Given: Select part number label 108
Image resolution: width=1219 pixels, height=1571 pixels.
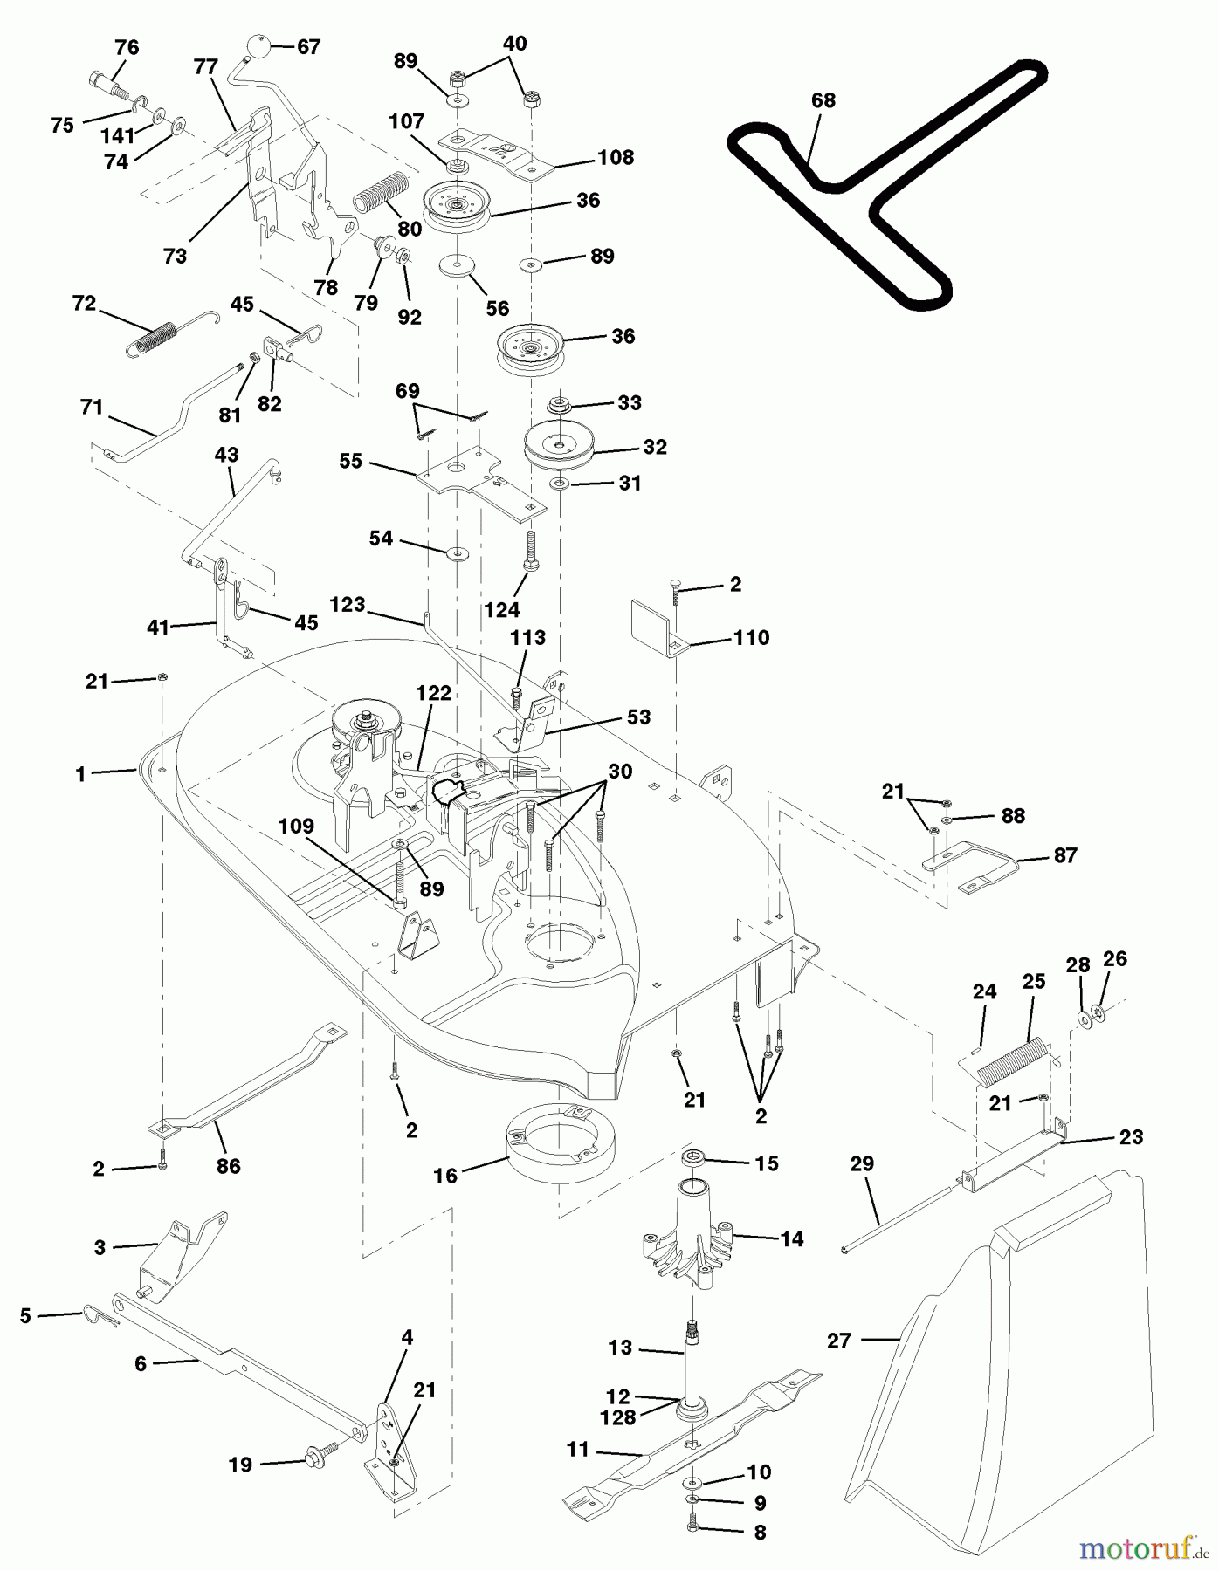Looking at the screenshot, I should pos(616,158).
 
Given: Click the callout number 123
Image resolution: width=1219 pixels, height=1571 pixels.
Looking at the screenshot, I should pos(348,605).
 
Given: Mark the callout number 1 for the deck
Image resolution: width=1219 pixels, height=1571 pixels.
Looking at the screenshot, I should pos(80,774).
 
